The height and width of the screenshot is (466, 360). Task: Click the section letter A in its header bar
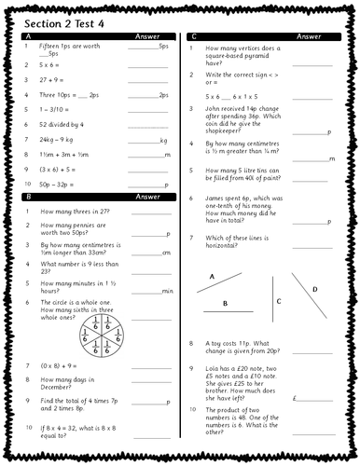(27, 36)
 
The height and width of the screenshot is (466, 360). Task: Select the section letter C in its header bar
(193, 36)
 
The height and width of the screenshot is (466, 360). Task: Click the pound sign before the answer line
(293, 398)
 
